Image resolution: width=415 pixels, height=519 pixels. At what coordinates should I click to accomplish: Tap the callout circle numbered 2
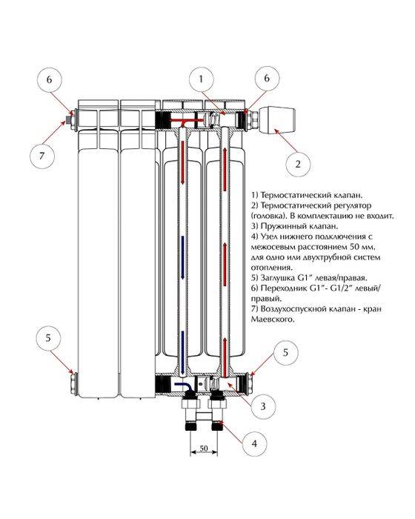click(297, 162)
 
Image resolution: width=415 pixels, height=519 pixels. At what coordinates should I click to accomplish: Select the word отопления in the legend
click(273, 268)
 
